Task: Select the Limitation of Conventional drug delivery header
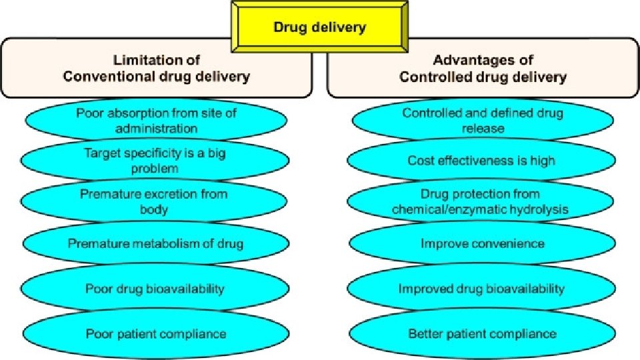tap(156, 69)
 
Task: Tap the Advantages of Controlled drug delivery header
tap(483, 69)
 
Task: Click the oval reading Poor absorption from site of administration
tap(156, 121)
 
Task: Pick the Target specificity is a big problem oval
tap(155, 161)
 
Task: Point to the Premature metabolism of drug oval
tap(155, 243)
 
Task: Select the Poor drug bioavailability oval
tap(155, 289)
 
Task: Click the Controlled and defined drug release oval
tap(483, 121)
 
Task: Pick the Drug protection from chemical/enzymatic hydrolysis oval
tap(480, 202)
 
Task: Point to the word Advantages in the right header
tap(467, 61)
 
